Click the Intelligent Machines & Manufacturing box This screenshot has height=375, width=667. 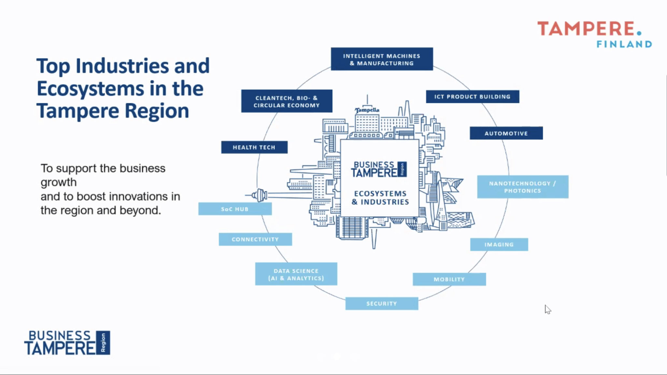pyautogui.click(x=382, y=59)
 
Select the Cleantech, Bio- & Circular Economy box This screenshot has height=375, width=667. pyautogui.click(x=287, y=101)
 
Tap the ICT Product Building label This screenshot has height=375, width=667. pyautogui.click(x=472, y=97)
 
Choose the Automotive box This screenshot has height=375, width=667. pyautogui.click(x=506, y=133)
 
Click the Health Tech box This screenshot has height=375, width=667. pyautogui.click(x=254, y=147)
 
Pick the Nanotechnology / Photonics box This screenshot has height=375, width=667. pyautogui.click(x=522, y=187)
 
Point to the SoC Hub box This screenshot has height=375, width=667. pyautogui.click(x=235, y=209)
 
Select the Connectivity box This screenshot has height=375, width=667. pyautogui.click(x=255, y=239)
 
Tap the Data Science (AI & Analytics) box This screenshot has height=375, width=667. pyautogui.click(x=296, y=274)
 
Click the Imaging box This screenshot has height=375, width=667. pyautogui.click(x=499, y=244)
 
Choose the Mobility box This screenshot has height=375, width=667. pyautogui.click(x=449, y=279)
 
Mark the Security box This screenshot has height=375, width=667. pyautogui.click(x=382, y=303)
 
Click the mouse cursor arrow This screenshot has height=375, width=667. pyautogui.click(x=547, y=309)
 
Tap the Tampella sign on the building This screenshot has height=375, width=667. pyautogui.click(x=367, y=110)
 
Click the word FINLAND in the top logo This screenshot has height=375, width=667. pyautogui.click(x=624, y=44)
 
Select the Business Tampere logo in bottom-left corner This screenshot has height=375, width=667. pyautogui.click(x=67, y=343)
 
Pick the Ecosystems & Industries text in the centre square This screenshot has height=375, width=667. pyautogui.click(x=380, y=198)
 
